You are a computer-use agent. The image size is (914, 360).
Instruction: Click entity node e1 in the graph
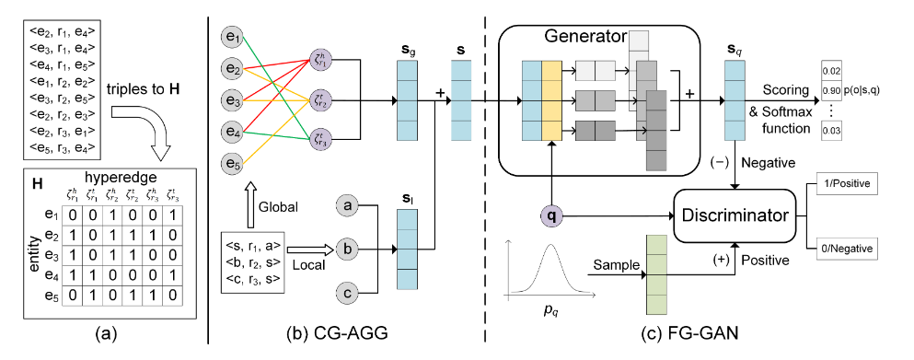click(234, 38)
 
